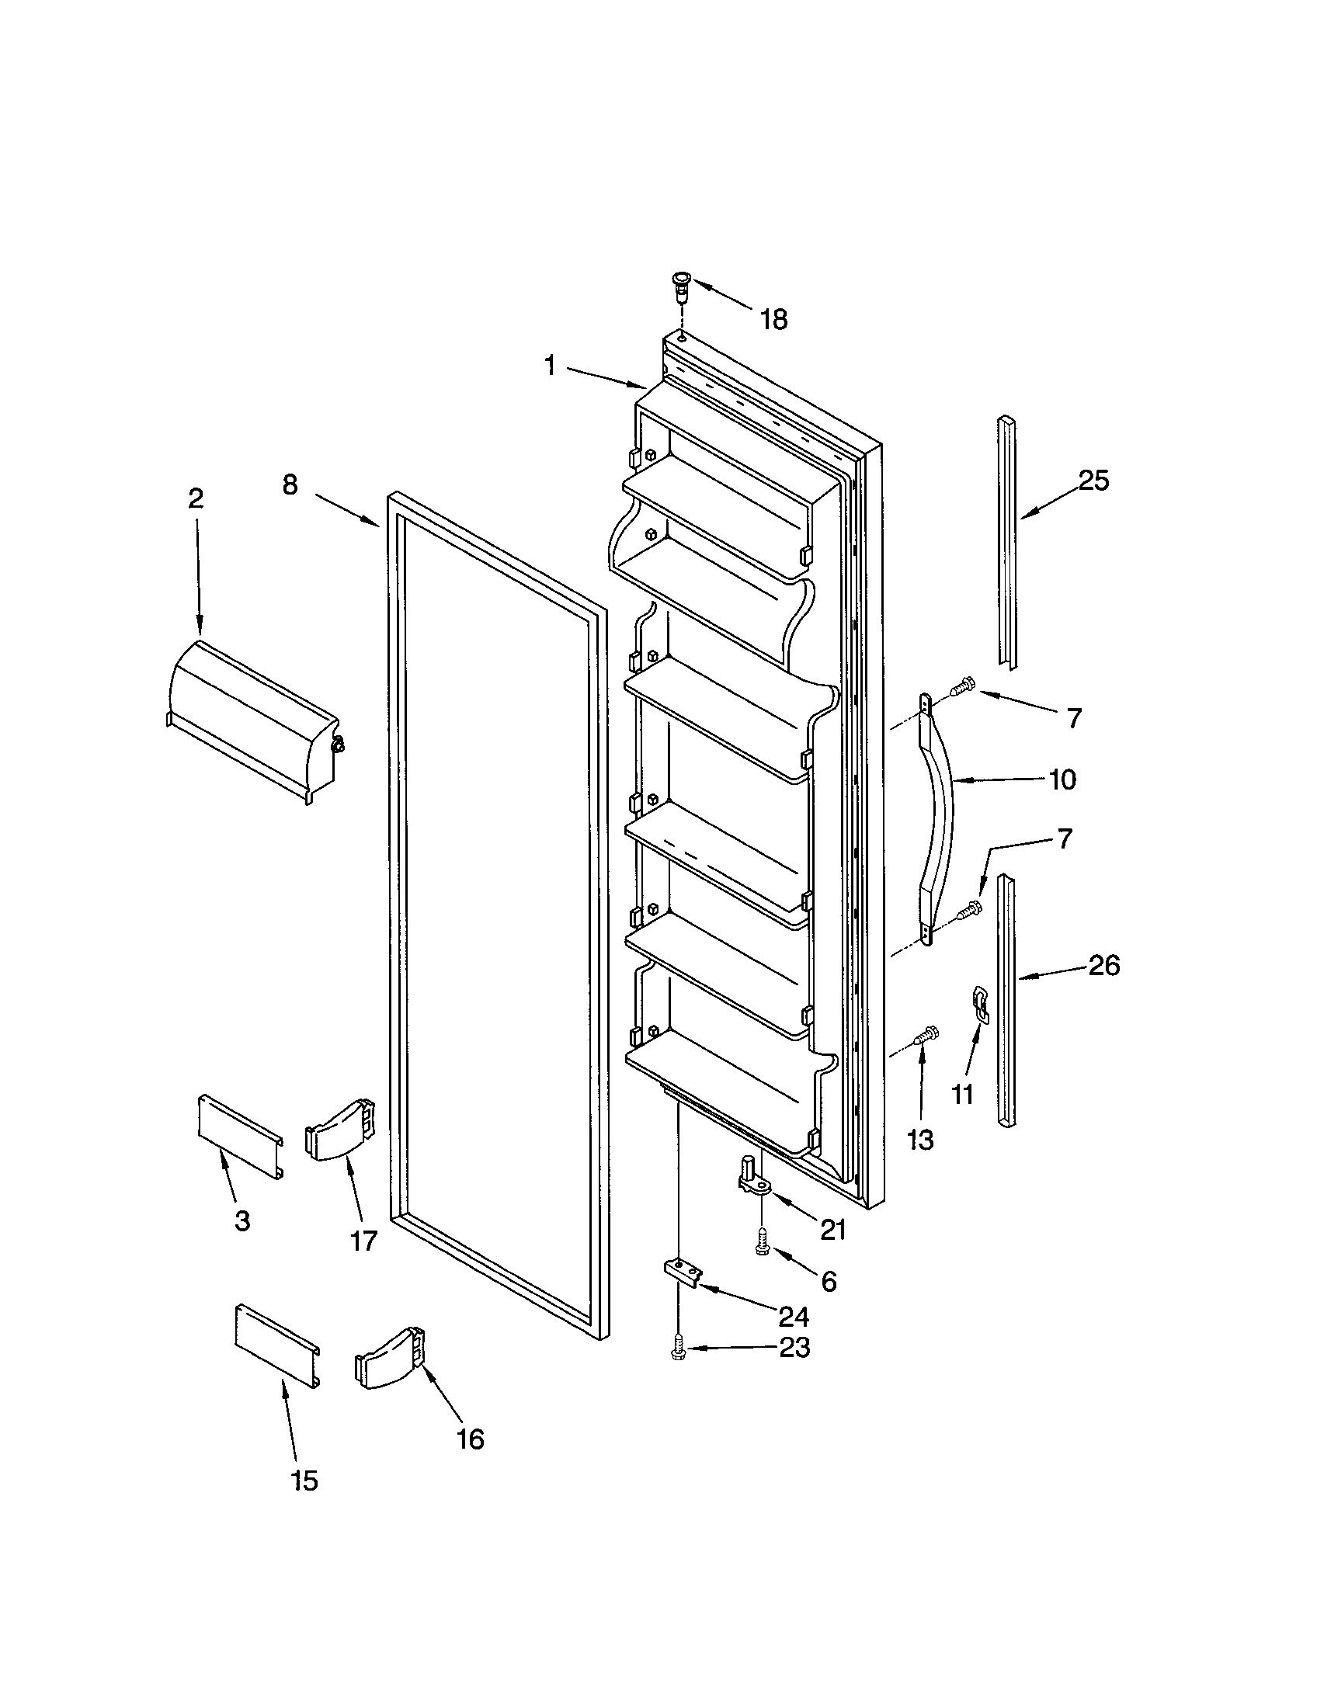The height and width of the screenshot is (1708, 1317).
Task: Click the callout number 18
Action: coord(773,319)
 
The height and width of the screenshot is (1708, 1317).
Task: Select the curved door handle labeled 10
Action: coord(942,818)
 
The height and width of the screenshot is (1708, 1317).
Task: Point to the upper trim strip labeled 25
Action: coord(1007,540)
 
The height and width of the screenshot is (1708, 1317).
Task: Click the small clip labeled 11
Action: coord(979,1002)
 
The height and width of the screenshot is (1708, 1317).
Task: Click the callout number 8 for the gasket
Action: coord(290,486)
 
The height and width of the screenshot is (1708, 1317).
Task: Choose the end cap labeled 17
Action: coord(341,1131)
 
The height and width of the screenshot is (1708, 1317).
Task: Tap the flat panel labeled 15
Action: coord(277,1346)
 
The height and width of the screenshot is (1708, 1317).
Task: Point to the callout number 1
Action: coord(551,365)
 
